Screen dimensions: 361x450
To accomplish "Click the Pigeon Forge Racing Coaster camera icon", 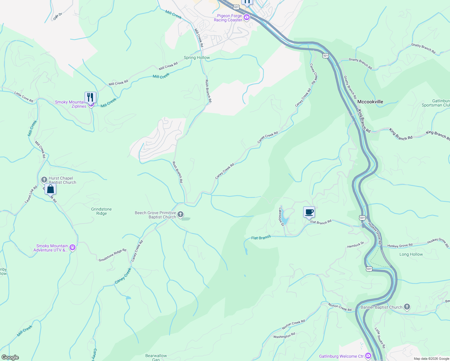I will (x=247, y=17).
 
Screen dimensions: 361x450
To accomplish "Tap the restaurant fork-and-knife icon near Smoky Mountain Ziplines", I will (x=90, y=97).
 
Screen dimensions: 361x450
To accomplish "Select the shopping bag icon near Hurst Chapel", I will (x=51, y=189).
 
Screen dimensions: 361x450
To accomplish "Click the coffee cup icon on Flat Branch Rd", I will (x=309, y=212).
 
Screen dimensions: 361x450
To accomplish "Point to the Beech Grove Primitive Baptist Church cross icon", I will (x=180, y=214).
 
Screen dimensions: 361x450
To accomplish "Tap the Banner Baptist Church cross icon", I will (x=407, y=307).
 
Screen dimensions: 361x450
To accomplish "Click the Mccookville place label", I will (x=370, y=102).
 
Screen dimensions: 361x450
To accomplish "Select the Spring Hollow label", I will (x=197, y=57).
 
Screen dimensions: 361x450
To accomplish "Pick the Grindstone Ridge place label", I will (x=101, y=211).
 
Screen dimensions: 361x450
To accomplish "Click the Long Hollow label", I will (x=411, y=254).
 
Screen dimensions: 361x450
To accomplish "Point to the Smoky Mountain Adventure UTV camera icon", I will (x=72, y=248).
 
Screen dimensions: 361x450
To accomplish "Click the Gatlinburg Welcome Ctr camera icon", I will (x=368, y=356).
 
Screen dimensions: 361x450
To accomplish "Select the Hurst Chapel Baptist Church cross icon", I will (x=44, y=180).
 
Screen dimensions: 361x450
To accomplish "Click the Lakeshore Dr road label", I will (x=281, y=217).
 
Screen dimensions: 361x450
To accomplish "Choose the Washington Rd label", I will (x=284, y=335).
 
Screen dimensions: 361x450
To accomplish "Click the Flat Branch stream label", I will (x=261, y=238).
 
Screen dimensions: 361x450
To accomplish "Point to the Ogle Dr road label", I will (x=57, y=16).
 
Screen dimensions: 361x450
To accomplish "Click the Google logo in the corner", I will (x=10, y=357).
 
